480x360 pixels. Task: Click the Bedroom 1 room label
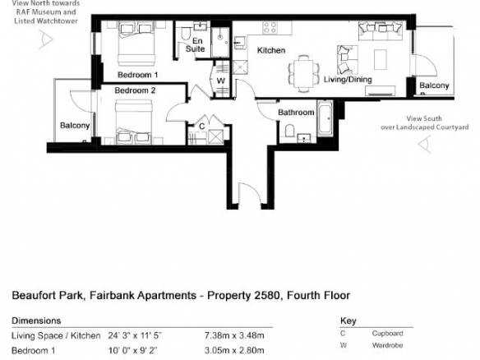pyautogui.click(x=138, y=75)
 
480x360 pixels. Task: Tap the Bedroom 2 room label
pyautogui.click(x=135, y=90)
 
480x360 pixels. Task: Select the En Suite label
pyautogui.click(x=196, y=44)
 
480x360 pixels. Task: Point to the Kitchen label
pyautogui.click(x=271, y=50)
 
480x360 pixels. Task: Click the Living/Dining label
pyautogui.click(x=348, y=80)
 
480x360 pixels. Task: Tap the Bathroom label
pyautogui.click(x=296, y=113)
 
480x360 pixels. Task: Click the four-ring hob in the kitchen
pyautogui.click(x=270, y=27)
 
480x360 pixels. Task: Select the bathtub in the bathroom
pyautogui.click(x=325, y=118)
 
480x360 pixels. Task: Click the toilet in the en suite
pyautogui.click(x=185, y=34)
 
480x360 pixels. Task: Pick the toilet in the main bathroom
pyautogui.click(x=289, y=131)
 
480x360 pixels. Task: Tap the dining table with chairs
pyautogui.click(x=304, y=73)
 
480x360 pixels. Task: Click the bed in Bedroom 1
pyautogui.click(x=136, y=44)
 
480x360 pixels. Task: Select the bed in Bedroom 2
pyautogui.click(x=134, y=122)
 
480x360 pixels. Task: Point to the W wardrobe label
pyautogui.click(x=221, y=81)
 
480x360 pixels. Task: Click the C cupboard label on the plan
pyautogui.click(x=201, y=126)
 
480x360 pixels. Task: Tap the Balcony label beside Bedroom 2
pyautogui.click(x=75, y=126)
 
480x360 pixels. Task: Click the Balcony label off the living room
pyautogui.click(x=434, y=85)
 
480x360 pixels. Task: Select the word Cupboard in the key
pyautogui.click(x=387, y=333)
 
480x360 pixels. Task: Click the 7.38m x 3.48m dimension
pyautogui.click(x=234, y=335)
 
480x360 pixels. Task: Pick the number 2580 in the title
pyautogui.click(x=266, y=295)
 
